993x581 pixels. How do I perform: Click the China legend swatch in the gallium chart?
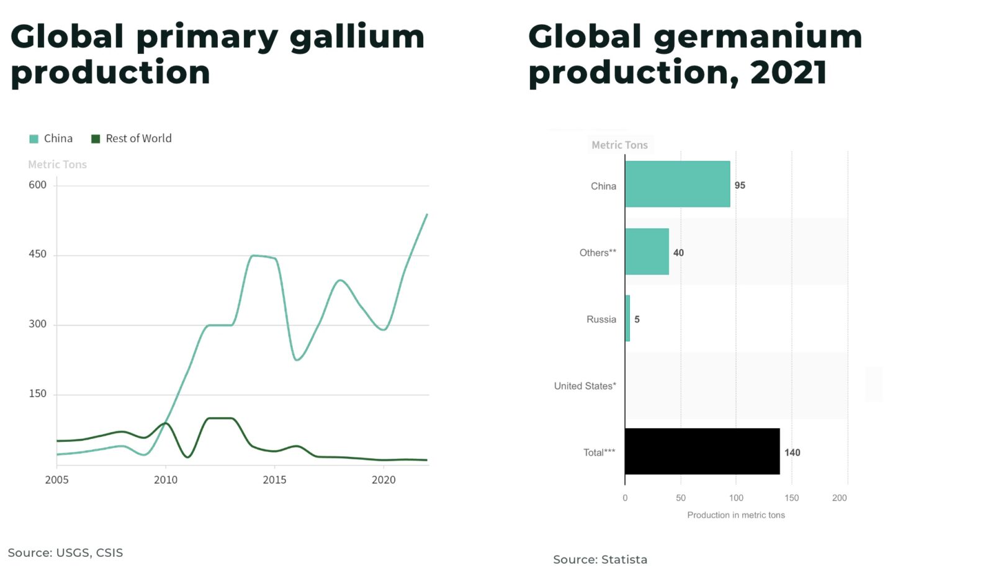[34, 139]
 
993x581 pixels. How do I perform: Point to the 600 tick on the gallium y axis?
[38, 185]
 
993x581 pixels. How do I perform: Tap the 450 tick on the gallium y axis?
[38, 254]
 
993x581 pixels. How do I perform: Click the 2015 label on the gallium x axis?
[274, 480]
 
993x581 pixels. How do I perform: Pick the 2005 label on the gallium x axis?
[57, 480]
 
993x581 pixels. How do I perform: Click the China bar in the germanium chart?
[677, 184]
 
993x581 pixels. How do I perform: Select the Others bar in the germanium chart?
[647, 251]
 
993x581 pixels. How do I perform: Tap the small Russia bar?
[627, 318]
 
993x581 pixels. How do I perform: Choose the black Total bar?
[702, 451]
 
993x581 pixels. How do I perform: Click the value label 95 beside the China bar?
[740, 186]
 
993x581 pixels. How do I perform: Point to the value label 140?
[792, 453]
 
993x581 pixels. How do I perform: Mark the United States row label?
[585, 386]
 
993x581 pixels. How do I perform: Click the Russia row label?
[601, 320]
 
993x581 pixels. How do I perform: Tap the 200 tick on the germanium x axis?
[839, 498]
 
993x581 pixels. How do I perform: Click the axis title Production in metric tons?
[735, 515]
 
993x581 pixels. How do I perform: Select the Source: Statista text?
[600, 559]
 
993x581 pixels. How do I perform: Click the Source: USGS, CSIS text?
[65, 552]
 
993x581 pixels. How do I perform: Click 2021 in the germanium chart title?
[788, 73]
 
